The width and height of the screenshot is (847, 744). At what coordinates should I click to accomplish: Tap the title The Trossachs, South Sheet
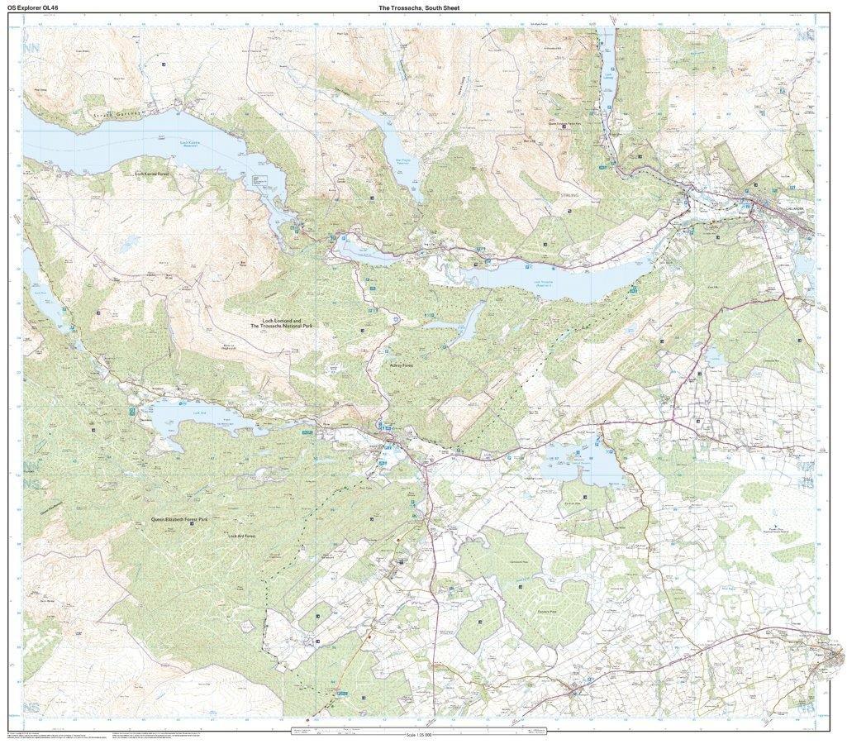click(x=418, y=7)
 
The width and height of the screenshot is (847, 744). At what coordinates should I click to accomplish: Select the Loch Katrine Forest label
click(x=157, y=174)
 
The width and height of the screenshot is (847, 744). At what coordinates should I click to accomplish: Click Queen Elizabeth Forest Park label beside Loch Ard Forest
click(x=178, y=519)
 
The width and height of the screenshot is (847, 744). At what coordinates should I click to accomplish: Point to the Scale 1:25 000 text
click(x=423, y=734)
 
